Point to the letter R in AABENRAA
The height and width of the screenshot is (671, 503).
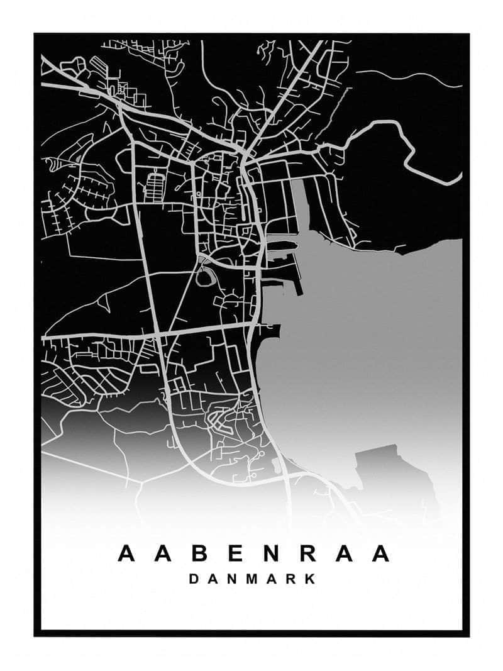(307, 553)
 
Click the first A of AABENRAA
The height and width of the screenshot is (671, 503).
(126, 553)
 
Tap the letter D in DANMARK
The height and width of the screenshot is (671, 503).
(194, 579)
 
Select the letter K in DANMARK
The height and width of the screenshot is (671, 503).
(310, 579)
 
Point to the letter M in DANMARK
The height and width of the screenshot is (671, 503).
(251, 579)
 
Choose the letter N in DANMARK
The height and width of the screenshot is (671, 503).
(232, 579)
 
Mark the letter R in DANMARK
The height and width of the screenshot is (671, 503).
(291, 579)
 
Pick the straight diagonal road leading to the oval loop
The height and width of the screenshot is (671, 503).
(182, 302)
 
